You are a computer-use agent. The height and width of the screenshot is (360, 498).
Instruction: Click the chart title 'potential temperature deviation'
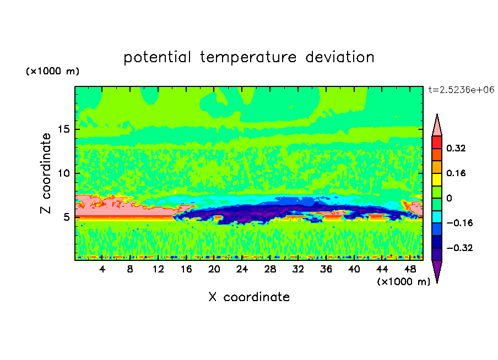[249, 57]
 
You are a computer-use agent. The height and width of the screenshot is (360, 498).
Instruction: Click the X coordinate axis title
[249, 297]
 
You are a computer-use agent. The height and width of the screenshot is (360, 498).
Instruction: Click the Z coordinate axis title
[46, 173]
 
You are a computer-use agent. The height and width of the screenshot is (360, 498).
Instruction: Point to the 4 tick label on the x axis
[102, 269]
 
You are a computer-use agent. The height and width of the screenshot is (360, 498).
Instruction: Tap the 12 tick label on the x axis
[158, 269]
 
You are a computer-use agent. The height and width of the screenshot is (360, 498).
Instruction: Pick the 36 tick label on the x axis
[326, 269]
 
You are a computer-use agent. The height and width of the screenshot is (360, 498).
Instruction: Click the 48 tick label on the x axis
[409, 269]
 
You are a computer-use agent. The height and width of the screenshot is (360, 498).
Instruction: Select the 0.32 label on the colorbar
[457, 148]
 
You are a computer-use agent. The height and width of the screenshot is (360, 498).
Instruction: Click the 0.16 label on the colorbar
[457, 173]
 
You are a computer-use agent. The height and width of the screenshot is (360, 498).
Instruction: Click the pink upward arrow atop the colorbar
[437, 126]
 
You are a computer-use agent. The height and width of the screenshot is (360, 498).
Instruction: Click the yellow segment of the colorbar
[437, 179]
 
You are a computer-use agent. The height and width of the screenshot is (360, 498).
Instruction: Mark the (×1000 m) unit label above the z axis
[53, 72]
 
